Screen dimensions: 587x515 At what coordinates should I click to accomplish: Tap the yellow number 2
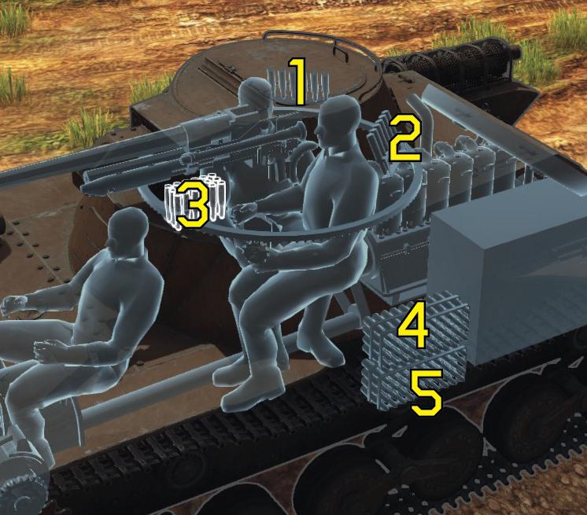[405, 138]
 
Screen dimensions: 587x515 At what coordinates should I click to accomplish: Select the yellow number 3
[193, 204]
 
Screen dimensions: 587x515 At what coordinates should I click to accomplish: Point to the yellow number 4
[414, 324]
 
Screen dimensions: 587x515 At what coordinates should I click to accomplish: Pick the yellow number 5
[426, 392]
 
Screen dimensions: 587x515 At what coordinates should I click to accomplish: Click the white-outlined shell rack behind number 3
[194, 200]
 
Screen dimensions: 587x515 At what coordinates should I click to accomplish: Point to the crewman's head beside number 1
[255, 92]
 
